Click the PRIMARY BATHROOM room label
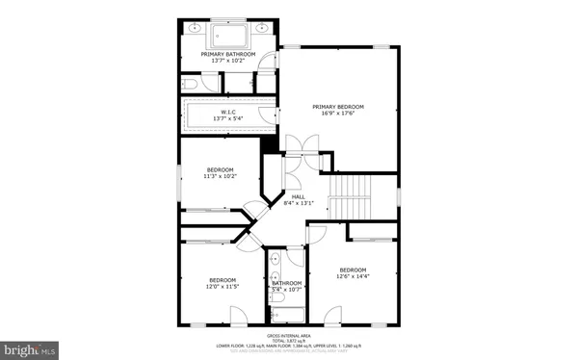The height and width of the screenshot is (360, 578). click(x=228, y=54)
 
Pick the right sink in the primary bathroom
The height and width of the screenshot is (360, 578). click(x=261, y=27)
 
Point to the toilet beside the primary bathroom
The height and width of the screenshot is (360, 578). click(x=190, y=86)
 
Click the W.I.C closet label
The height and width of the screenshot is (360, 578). click(x=228, y=112)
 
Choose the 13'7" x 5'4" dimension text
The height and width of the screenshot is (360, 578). click(x=228, y=119)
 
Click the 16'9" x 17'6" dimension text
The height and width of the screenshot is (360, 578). click(x=338, y=113)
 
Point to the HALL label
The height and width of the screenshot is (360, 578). click(x=299, y=196)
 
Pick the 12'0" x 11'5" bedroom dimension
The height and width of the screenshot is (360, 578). click(x=223, y=287)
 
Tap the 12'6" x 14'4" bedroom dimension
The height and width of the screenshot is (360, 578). click(x=352, y=277)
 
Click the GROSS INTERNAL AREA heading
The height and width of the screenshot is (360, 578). click(x=289, y=336)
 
